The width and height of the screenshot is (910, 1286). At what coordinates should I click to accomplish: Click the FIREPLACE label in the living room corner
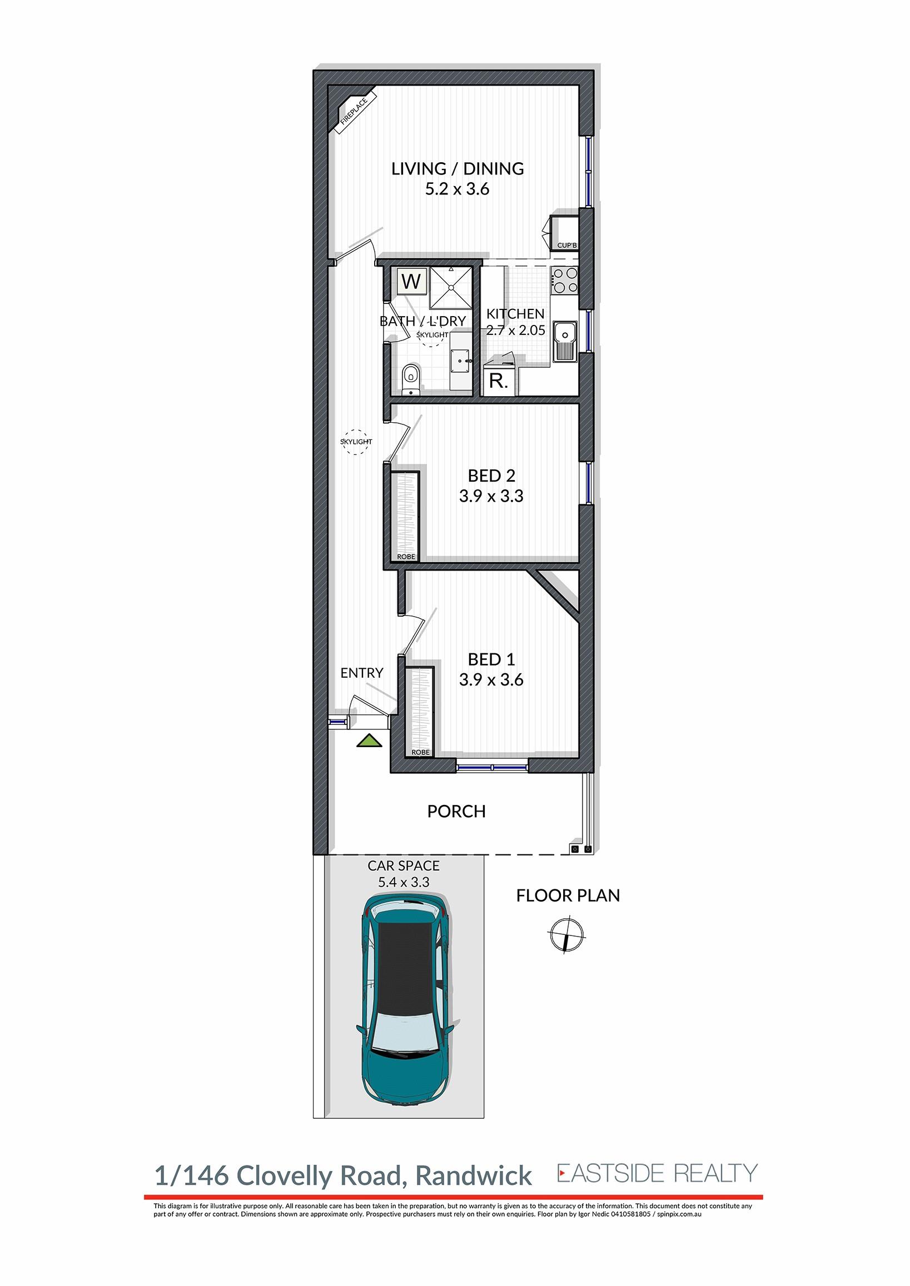355,112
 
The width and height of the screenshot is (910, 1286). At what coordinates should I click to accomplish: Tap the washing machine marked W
412,281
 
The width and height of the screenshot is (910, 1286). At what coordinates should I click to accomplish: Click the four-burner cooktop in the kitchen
564,281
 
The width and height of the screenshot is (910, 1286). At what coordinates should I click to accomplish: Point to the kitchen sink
565,341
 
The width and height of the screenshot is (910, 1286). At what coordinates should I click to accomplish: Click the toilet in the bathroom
411,379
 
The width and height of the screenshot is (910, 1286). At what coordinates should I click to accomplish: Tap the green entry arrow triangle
369,741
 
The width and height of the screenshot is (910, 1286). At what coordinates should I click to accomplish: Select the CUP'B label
567,246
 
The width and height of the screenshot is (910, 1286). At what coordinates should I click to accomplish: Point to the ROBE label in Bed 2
406,557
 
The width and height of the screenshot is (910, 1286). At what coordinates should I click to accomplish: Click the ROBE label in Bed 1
421,752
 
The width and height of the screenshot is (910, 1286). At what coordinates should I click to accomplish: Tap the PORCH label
457,811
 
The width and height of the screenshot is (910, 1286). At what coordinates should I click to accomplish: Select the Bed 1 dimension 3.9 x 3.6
491,679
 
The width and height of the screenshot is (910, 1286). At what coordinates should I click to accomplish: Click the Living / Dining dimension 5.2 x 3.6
458,189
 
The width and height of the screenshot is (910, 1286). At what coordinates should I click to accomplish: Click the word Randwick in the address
474,1175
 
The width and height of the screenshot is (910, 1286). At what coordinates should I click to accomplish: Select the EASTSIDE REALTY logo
657,1173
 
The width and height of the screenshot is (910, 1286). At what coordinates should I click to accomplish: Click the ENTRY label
362,673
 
